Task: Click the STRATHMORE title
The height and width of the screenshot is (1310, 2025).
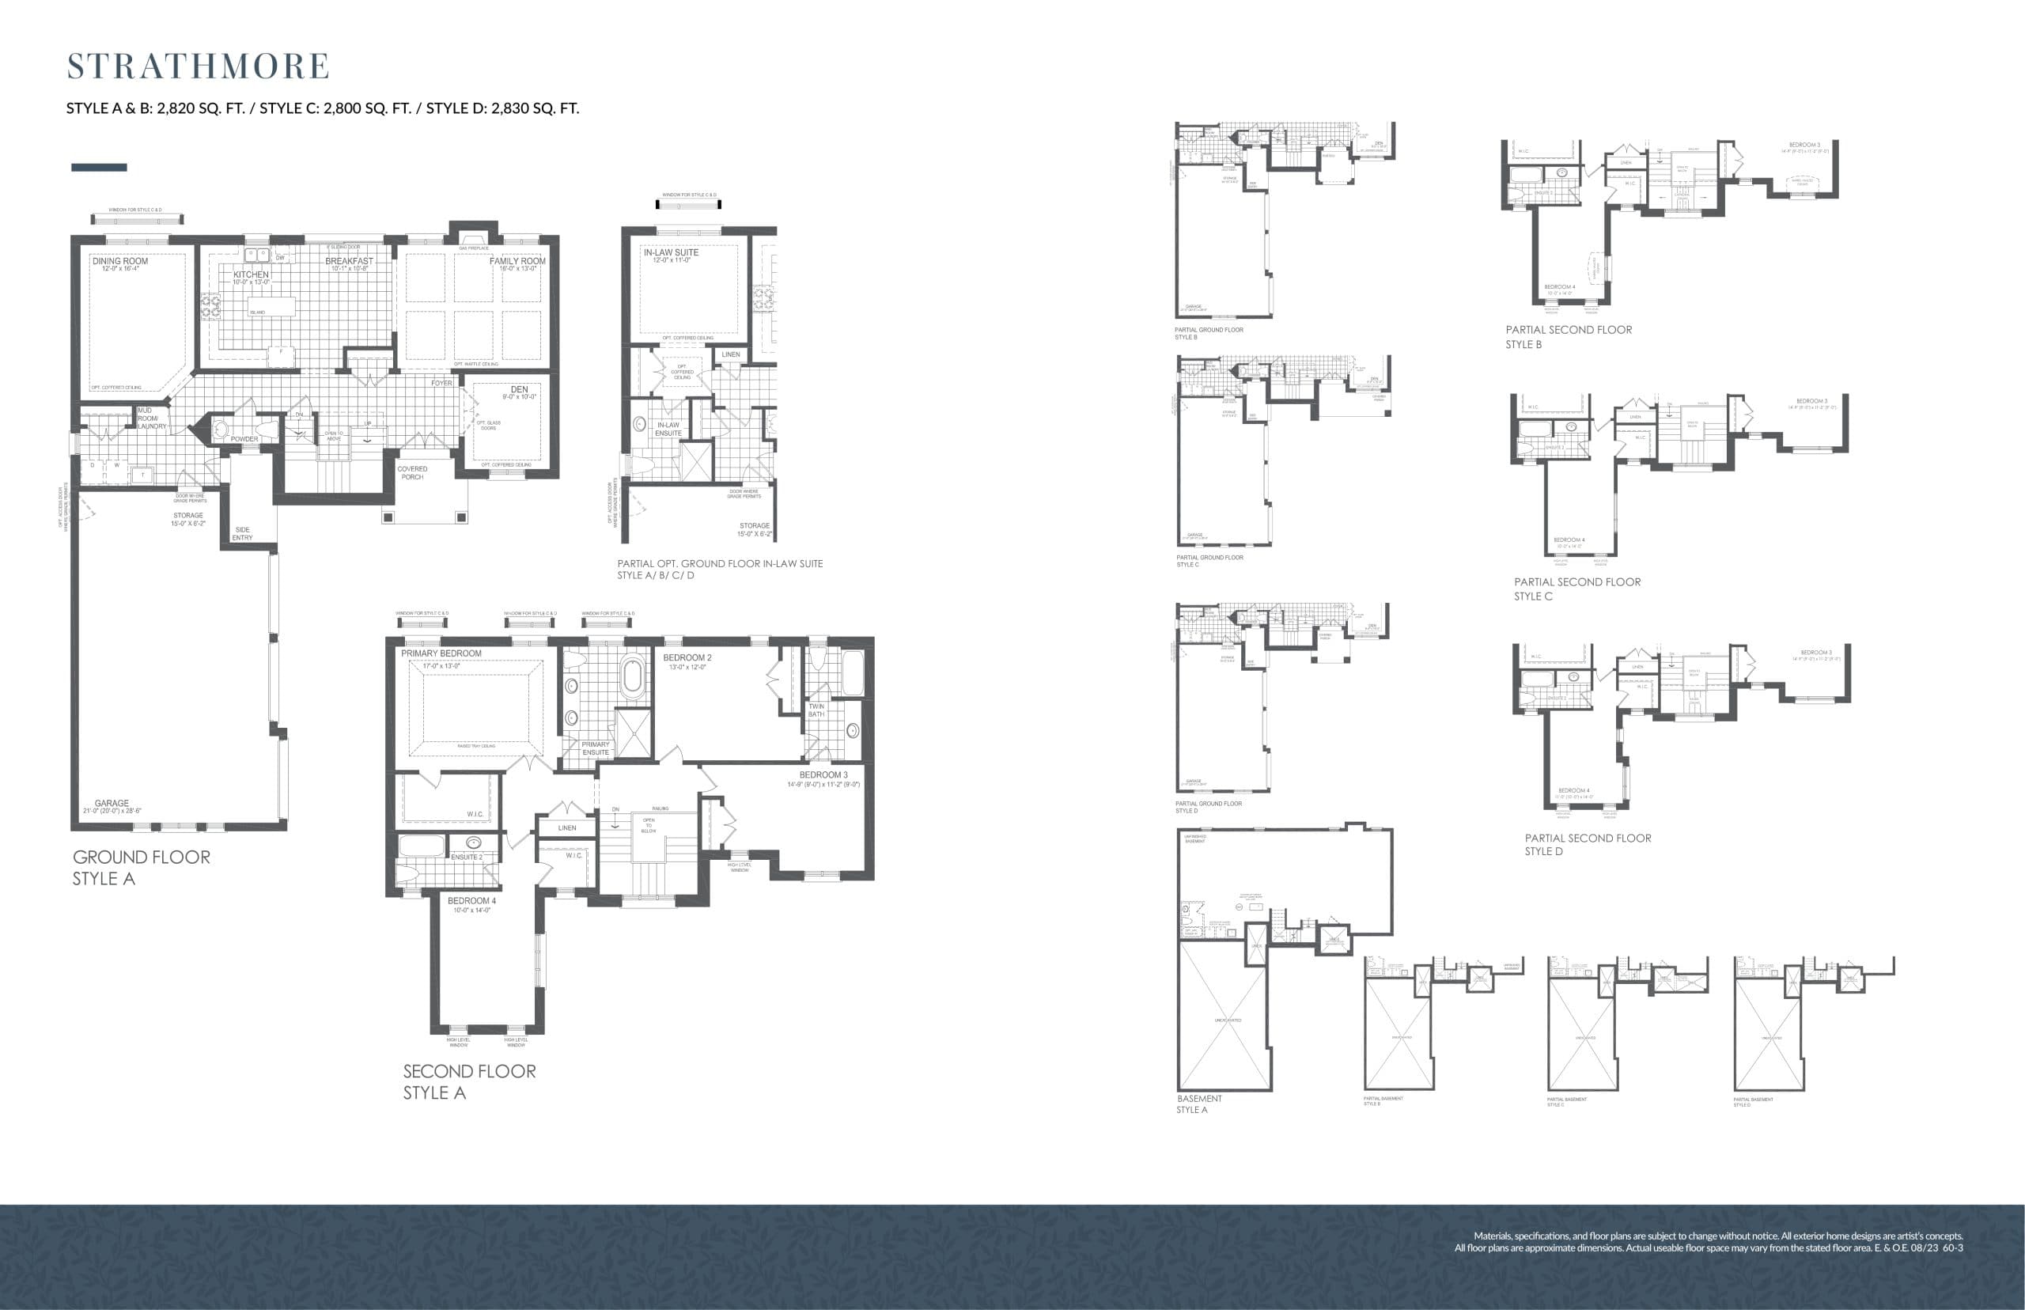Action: coord(199,66)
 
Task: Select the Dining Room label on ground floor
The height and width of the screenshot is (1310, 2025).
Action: coord(120,261)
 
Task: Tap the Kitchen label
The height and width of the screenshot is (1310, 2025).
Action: coord(251,274)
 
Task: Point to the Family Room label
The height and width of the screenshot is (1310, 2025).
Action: coord(517,261)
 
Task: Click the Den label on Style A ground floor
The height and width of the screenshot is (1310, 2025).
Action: coord(519,389)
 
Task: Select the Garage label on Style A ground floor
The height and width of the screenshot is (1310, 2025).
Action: coord(112,803)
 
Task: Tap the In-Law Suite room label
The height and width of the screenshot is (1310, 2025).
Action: coord(671,252)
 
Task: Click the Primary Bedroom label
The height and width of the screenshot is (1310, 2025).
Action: coord(441,653)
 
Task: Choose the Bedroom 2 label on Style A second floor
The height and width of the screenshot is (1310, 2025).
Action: coord(687,657)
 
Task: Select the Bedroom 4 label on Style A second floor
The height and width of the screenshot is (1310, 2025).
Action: coord(471,901)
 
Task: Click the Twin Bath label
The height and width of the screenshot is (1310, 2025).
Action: coord(816,710)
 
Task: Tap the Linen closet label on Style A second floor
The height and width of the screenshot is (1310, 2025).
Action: coord(567,827)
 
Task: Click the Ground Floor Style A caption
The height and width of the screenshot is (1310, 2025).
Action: coord(141,868)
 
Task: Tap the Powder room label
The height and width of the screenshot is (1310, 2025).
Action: coord(244,439)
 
